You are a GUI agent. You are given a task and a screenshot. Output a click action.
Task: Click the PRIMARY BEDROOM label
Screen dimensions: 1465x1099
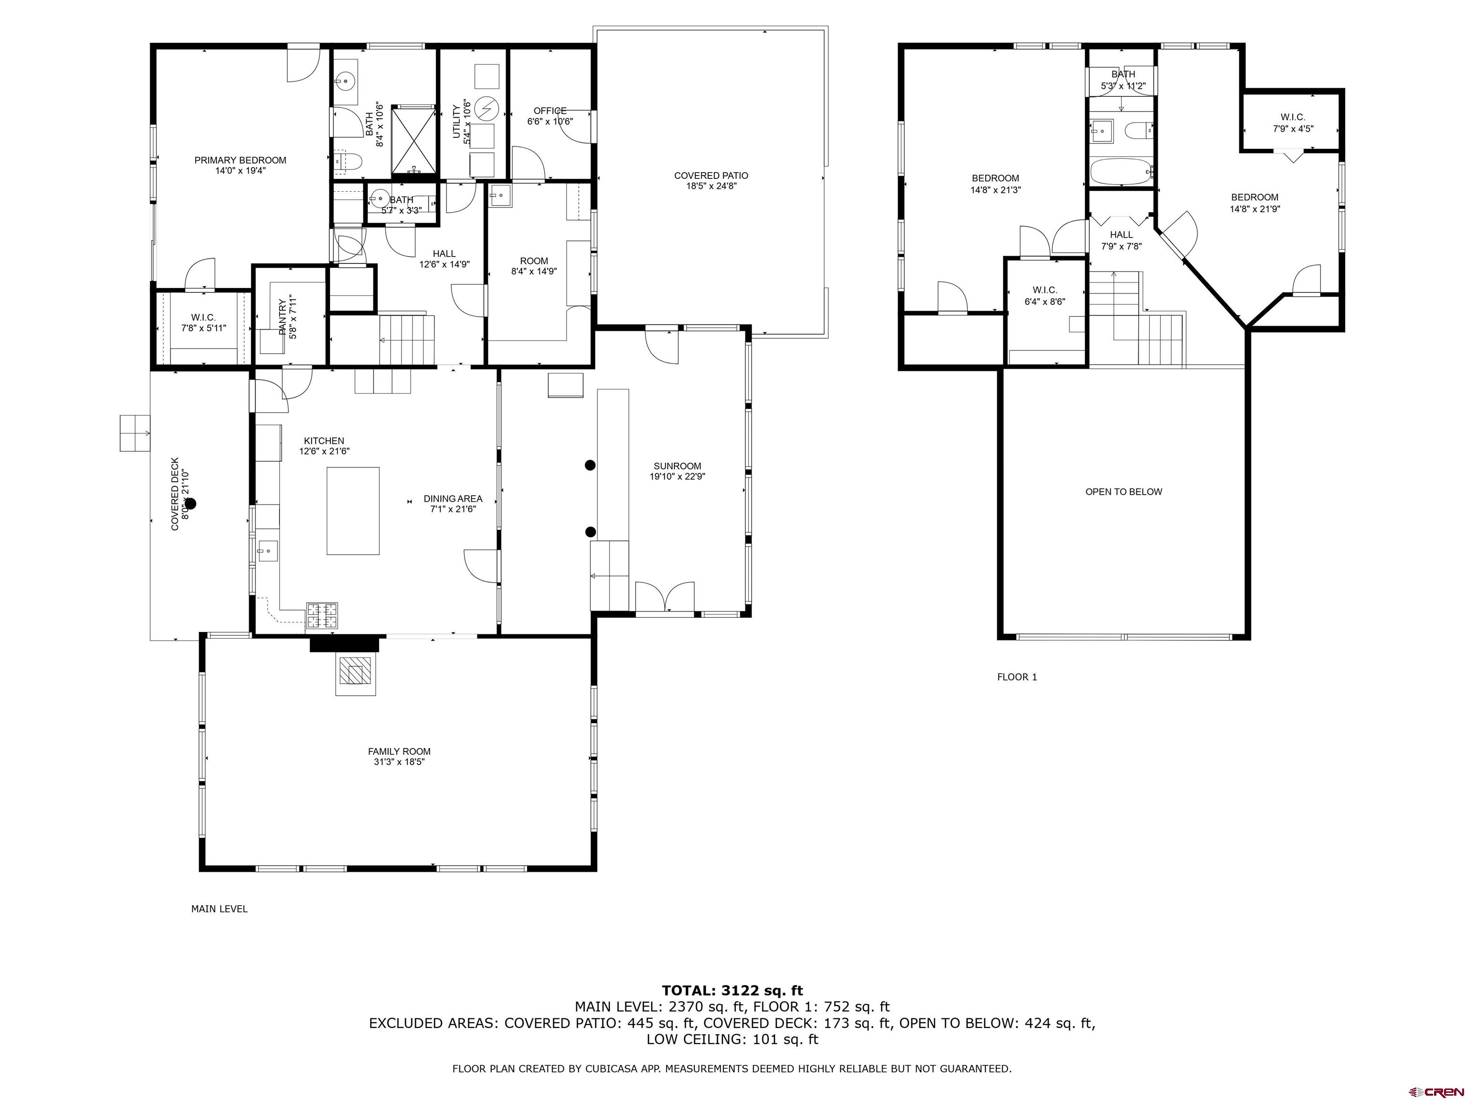click(240, 160)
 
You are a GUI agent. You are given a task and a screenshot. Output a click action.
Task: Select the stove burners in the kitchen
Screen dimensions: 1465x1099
click(321, 615)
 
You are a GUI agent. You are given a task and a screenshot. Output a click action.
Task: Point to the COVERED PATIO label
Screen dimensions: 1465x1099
click(712, 176)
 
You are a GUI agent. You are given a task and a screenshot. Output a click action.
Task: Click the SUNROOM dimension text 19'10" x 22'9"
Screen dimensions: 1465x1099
click(678, 477)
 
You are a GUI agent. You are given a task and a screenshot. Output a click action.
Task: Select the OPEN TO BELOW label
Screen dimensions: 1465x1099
click(1124, 491)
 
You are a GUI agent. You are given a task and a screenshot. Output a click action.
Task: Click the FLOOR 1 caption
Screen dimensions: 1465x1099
click(1017, 677)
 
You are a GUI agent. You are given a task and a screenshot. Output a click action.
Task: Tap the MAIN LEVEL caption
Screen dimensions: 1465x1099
click(219, 909)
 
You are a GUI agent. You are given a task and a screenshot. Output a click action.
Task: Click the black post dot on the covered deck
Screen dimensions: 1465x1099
click(191, 503)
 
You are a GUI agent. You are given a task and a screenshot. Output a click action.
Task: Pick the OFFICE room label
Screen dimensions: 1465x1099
click(550, 111)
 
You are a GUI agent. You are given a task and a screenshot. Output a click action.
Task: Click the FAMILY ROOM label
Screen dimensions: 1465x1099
click(399, 751)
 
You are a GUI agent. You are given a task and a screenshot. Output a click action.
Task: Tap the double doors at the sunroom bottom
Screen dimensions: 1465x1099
click(665, 596)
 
